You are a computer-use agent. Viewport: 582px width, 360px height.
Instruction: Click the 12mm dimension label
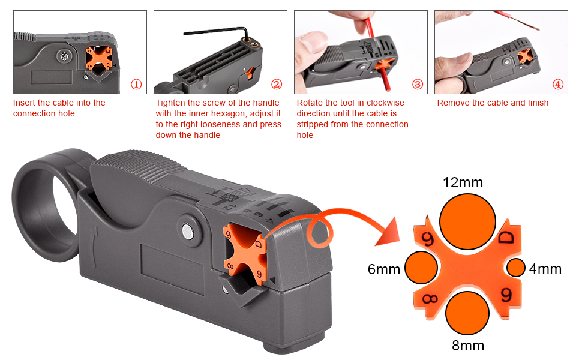point(463,182)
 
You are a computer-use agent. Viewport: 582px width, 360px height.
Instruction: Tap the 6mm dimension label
point(384,269)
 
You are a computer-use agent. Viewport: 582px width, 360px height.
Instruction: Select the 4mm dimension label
point(545,269)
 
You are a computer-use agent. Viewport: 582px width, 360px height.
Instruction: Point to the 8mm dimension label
point(468,346)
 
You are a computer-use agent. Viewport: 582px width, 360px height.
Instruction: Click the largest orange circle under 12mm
point(467,221)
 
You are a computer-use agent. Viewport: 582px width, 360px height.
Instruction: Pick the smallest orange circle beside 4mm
point(516,268)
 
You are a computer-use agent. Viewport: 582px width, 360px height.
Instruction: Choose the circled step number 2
point(277,85)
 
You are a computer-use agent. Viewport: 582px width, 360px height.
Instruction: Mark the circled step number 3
point(417,85)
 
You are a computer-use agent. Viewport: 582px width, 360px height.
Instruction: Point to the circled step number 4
point(558,85)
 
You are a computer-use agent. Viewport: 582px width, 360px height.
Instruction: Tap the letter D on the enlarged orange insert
point(506,238)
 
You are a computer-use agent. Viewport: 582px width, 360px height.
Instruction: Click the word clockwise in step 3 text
point(387,103)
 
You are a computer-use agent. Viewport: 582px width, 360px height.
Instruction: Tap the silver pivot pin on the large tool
point(188,230)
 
